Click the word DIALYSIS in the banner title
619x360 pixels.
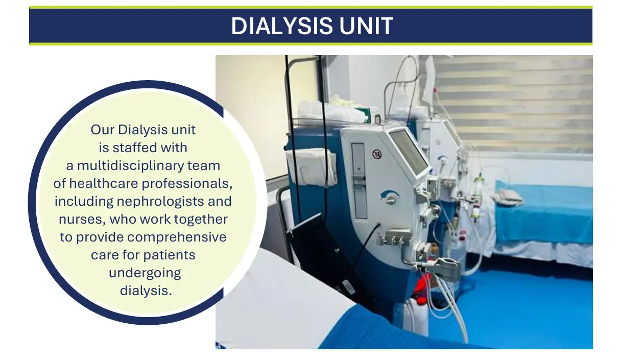[x=281, y=26]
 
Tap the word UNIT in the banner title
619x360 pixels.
[x=366, y=26]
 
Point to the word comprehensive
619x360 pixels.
[x=177, y=237]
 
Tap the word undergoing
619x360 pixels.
[x=145, y=273]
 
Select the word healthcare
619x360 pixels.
[x=103, y=183]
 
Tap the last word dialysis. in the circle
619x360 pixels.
[x=146, y=291]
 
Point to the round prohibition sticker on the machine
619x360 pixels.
[x=377, y=154]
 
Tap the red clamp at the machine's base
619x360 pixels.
[x=421, y=284]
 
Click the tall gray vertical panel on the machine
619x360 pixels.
[x=359, y=181]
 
